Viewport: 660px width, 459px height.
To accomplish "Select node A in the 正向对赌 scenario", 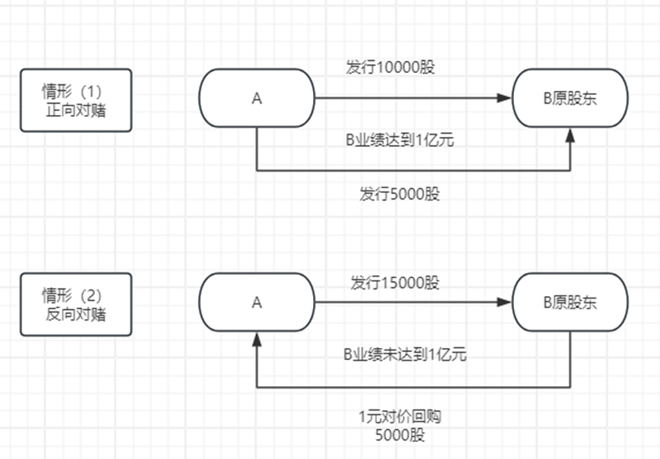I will pyautogui.click(x=257, y=98).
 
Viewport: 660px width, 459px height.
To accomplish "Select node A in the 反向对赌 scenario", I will pyautogui.click(x=257, y=302).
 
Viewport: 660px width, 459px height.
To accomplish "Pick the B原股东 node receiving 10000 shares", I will pyautogui.click(x=570, y=98).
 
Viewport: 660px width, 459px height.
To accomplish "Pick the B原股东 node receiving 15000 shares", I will pyautogui.click(x=570, y=302).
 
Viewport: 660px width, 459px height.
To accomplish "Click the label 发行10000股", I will pyautogui.click(x=391, y=67).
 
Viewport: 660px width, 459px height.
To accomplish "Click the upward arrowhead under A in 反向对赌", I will pyautogui.click(x=257, y=338).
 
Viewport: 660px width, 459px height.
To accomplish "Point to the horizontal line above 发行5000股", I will pyautogui.click(x=414, y=170).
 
